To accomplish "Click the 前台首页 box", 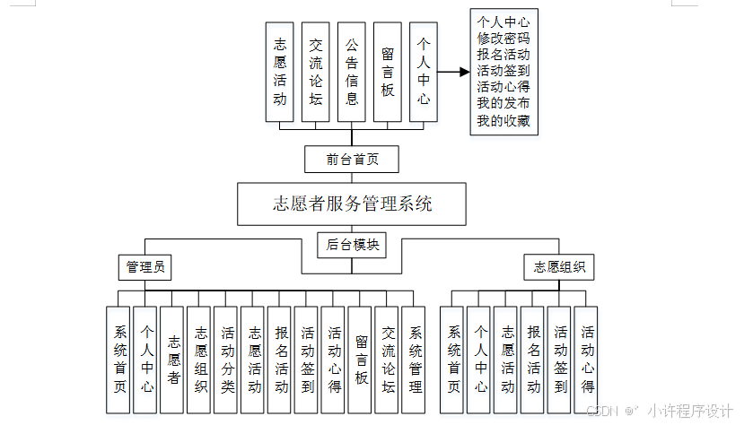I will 351,160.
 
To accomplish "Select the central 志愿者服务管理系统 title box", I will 352,204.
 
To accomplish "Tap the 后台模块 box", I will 352,244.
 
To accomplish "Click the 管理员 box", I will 144,267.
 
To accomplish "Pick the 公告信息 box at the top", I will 352,73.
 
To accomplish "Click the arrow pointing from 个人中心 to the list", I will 453,73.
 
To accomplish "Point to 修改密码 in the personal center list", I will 503,39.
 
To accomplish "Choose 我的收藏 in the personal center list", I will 503,120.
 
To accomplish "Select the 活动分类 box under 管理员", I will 227,360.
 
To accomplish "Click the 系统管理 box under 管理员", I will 415,360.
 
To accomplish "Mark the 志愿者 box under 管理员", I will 173,360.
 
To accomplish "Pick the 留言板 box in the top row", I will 388,73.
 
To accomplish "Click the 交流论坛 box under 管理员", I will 388,360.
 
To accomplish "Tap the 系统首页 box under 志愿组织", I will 454,360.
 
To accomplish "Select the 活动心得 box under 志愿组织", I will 588,360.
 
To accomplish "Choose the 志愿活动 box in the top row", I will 280,73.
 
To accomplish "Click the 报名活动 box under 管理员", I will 281,360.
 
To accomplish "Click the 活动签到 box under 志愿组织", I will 561,360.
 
